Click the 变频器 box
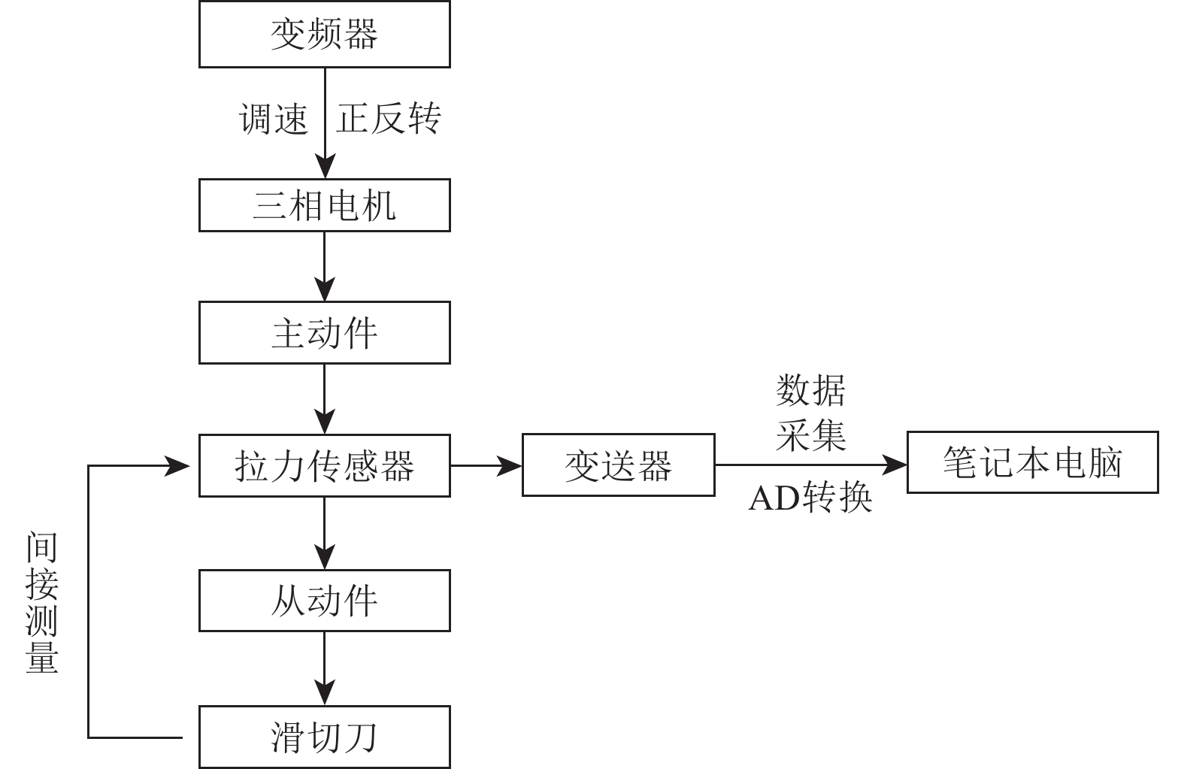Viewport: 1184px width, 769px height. [x=324, y=35]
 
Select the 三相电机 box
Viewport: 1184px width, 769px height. [x=324, y=205]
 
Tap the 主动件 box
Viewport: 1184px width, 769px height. [x=324, y=333]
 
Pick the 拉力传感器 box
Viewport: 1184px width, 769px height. [x=324, y=465]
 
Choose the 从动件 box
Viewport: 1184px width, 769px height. [x=324, y=601]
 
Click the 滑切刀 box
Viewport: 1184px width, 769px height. [x=324, y=737]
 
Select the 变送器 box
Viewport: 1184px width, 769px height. [x=618, y=465]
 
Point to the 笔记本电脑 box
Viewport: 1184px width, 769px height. [x=1032, y=462]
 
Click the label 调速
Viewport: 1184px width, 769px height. [x=274, y=119]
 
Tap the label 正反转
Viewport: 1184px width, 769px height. [x=388, y=119]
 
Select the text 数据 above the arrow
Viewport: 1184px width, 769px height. [x=810, y=391]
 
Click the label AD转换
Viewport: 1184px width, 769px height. [x=810, y=498]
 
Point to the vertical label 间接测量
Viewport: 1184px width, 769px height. [x=42, y=601]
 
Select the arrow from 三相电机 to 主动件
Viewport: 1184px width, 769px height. [x=325, y=266]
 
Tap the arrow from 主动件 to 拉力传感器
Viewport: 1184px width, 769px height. [x=325, y=399]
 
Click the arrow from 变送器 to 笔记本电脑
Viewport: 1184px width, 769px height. [x=810, y=465]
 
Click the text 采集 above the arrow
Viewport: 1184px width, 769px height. [x=810, y=434]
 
